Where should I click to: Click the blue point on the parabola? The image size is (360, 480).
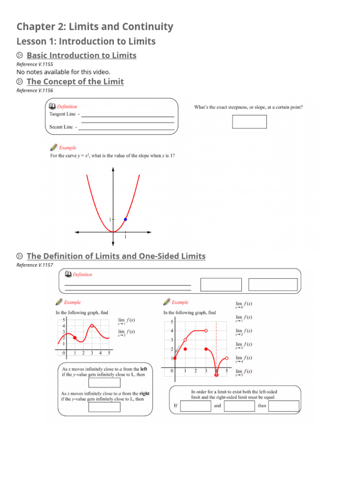point(125,219)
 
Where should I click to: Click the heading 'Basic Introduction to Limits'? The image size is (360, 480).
point(82,55)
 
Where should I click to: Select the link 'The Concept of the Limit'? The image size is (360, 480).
point(75,82)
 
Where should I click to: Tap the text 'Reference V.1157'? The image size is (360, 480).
point(35,265)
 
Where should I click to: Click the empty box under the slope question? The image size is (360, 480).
point(249,122)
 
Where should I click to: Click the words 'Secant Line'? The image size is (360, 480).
point(61,127)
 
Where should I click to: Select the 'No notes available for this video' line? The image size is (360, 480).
point(63,72)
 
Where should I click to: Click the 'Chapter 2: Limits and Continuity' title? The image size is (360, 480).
point(95,27)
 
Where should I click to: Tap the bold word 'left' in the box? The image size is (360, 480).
point(143,369)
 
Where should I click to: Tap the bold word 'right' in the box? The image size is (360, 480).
point(144,394)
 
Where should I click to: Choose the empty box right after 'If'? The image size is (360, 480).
point(195,406)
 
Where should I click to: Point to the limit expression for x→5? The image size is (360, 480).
point(244,372)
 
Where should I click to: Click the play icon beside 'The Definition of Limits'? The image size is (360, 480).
point(19,256)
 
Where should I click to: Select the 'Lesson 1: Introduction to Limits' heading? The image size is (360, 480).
point(86,41)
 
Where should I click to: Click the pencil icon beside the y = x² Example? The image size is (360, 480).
point(53,148)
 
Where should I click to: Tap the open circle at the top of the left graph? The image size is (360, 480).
point(92,326)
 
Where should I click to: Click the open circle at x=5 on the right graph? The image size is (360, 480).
point(227,359)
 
